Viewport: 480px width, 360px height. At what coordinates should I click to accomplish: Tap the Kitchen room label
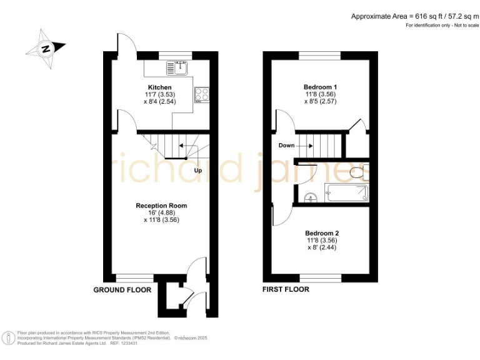click(159, 87)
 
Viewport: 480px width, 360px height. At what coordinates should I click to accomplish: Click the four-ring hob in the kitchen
click(202, 94)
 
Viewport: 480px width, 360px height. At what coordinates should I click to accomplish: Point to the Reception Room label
click(161, 206)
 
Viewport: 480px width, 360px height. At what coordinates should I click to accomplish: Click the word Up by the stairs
click(198, 171)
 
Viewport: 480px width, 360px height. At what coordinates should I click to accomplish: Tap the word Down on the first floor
click(286, 146)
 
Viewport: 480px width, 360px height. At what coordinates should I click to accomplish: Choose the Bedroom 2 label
click(322, 232)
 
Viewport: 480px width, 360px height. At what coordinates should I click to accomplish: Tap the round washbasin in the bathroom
click(311, 198)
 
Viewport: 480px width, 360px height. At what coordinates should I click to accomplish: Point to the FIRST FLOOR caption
click(286, 289)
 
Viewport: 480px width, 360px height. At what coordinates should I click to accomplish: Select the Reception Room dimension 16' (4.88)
click(161, 212)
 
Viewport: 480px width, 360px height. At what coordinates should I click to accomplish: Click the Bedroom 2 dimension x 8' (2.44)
click(322, 247)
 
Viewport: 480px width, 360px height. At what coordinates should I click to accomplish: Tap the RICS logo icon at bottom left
click(9, 338)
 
